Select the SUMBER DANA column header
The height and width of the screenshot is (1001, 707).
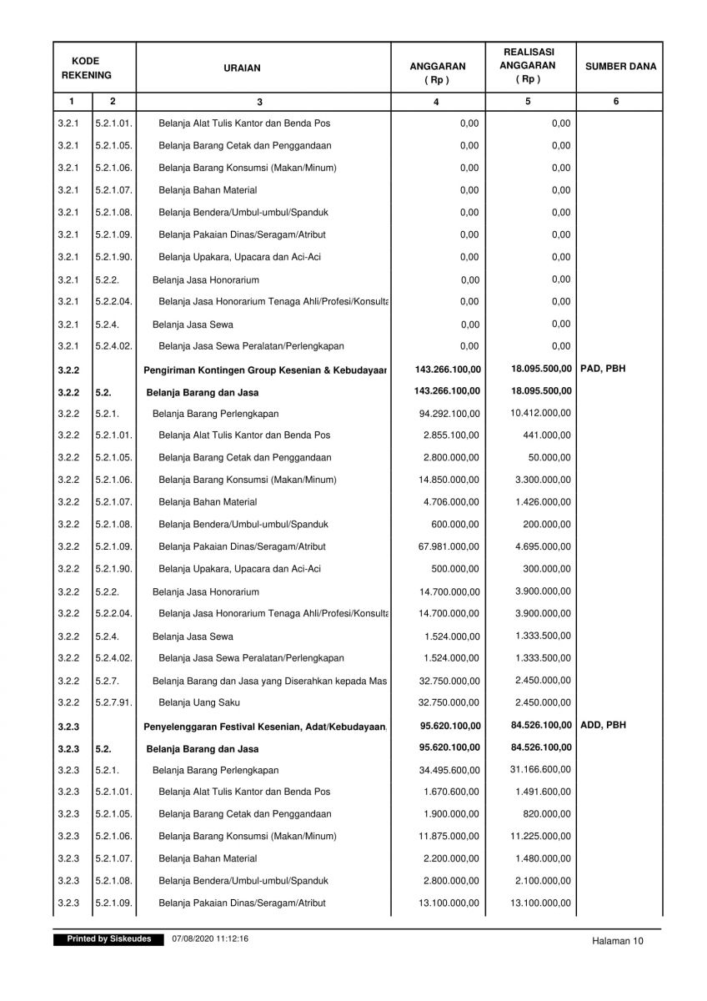pos(620,67)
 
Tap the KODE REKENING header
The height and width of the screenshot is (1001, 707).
pos(85,68)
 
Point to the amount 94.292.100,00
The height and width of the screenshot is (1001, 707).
pos(449,413)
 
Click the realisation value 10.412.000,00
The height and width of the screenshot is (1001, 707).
pos(540,412)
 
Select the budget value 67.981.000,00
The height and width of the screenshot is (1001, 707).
pos(449,546)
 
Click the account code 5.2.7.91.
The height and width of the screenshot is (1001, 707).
pos(113,702)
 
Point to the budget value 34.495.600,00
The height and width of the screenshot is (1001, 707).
pos(449,770)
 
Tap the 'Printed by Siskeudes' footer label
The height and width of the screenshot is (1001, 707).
pos(103,939)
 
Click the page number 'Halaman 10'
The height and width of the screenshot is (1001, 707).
pos(618,941)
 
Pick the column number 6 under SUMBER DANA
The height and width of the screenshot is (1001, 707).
pos(615,101)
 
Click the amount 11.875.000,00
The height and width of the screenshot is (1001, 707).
pos(449,836)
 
